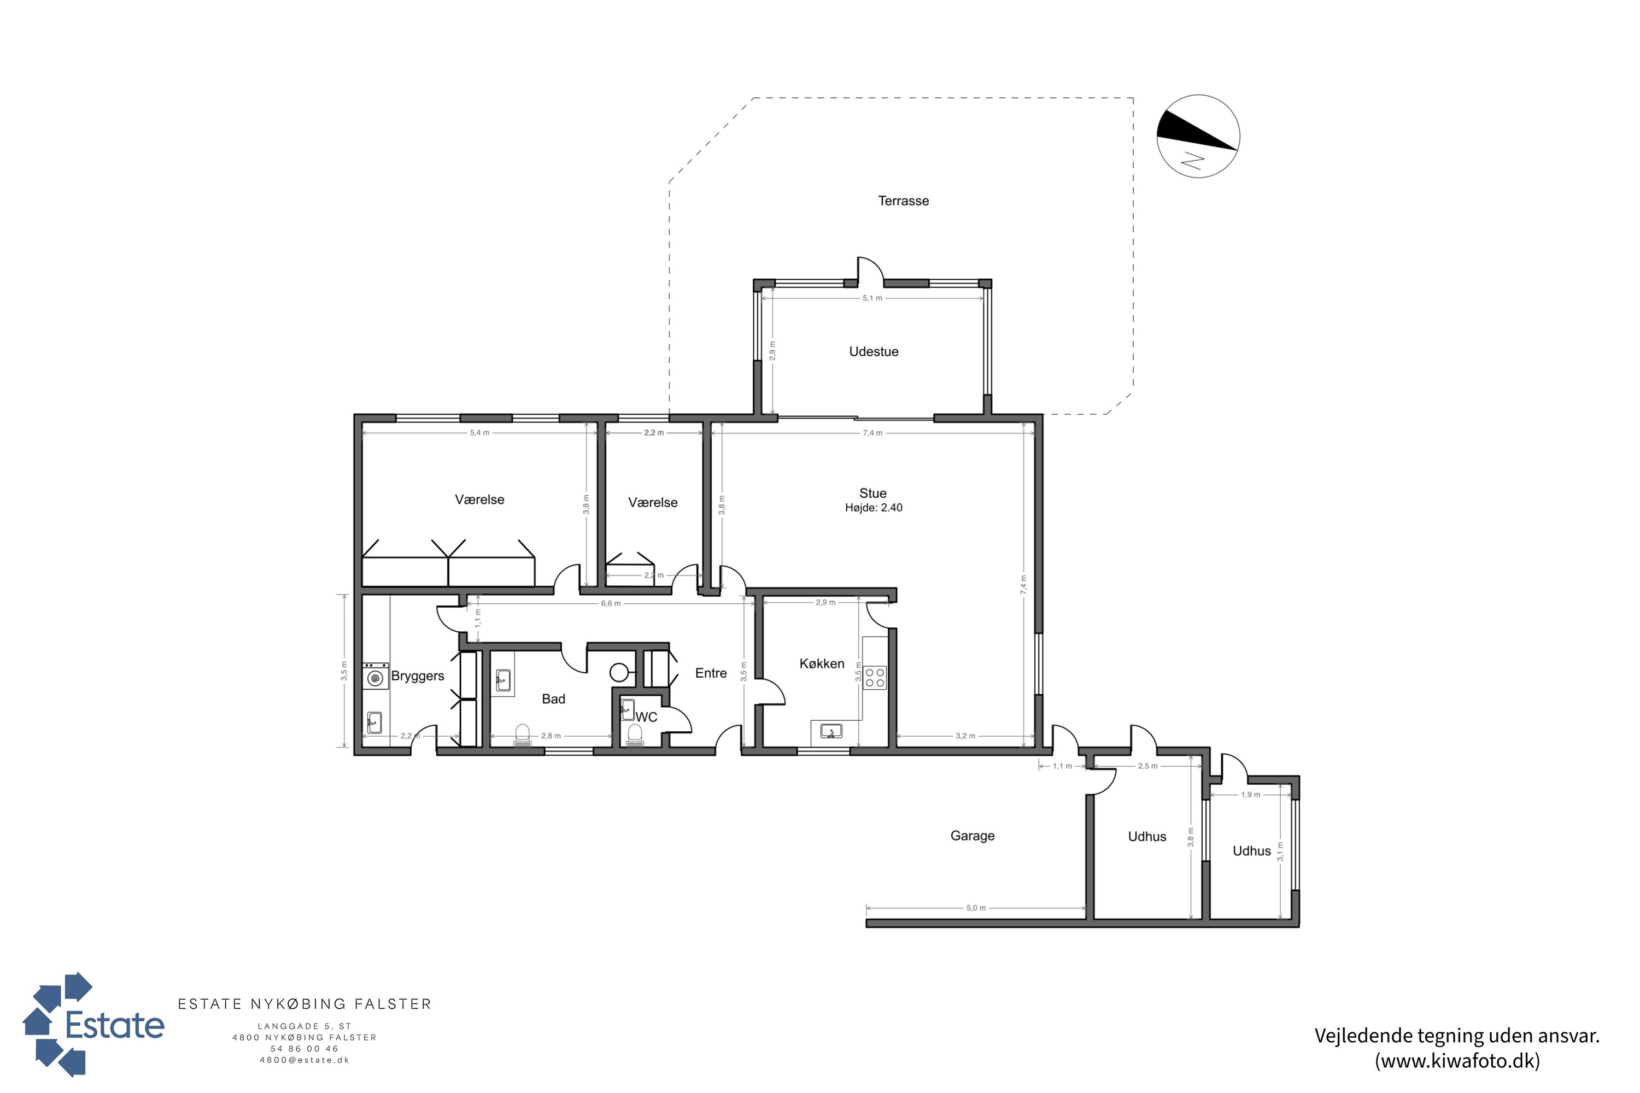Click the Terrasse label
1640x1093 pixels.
tap(903, 201)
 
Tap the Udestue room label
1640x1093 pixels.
tap(874, 352)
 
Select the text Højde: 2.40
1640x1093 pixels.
tap(874, 508)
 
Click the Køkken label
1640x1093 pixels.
tap(822, 663)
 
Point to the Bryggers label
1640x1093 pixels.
tap(417, 676)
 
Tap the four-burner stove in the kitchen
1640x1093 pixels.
tap(875, 678)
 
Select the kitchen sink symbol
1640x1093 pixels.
tap(831, 731)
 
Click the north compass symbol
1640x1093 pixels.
tap(1198, 137)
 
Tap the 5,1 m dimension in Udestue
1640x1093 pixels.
tap(872, 298)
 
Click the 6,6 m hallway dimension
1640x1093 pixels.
tap(610, 604)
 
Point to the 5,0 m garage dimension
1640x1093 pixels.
tap(976, 908)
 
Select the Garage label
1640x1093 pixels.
tap(972, 836)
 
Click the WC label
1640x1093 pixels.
tap(646, 717)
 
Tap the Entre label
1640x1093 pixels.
tap(711, 673)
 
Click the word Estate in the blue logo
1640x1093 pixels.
tap(114, 1025)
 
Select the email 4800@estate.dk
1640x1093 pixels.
tap(304, 1060)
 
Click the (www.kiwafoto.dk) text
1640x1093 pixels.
tap(1457, 1061)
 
